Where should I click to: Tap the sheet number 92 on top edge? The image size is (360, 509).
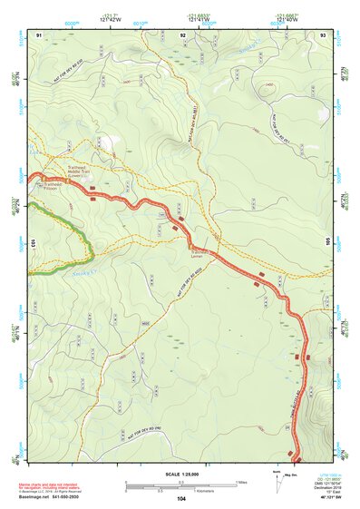[183, 34]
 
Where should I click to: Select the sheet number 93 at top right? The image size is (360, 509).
[323, 34]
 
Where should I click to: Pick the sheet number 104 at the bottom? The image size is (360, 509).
[181, 498]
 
